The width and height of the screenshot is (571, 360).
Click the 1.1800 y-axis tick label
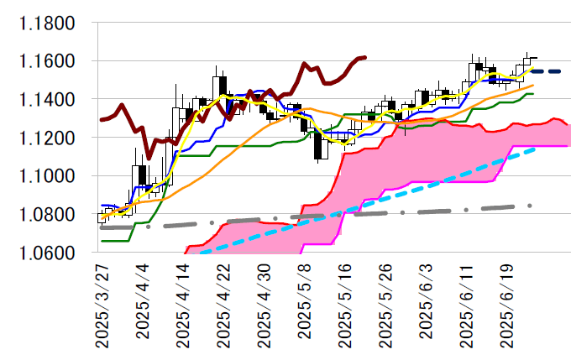pyautogui.click(x=48, y=23)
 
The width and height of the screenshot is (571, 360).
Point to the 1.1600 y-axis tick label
pyautogui.click(x=48, y=61)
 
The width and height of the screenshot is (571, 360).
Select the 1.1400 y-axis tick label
pyautogui.click(x=48, y=100)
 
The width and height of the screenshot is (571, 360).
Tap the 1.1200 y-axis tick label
pyautogui.click(x=48, y=138)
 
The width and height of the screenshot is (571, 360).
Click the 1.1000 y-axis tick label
pyautogui.click(x=48, y=176)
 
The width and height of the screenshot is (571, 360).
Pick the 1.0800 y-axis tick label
pyautogui.click(x=48, y=214)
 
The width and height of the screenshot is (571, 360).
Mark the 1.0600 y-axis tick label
pyautogui.click(x=48, y=253)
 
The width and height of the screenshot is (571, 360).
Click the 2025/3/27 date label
pyautogui.click(x=102, y=304)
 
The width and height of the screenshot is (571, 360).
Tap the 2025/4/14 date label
pyautogui.click(x=184, y=304)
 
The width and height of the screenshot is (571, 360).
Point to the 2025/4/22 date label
pyautogui.click(x=224, y=304)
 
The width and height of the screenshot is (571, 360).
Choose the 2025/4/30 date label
pyautogui.click(x=265, y=304)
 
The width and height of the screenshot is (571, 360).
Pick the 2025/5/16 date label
pyautogui.click(x=345, y=304)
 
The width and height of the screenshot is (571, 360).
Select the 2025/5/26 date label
pyautogui.click(x=386, y=304)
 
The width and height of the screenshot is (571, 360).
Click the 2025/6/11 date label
pyautogui.click(x=467, y=304)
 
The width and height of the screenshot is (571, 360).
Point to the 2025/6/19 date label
pyautogui.click(x=507, y=304)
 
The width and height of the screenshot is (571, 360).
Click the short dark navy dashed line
pyautogui.click(x=547, y=71)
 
